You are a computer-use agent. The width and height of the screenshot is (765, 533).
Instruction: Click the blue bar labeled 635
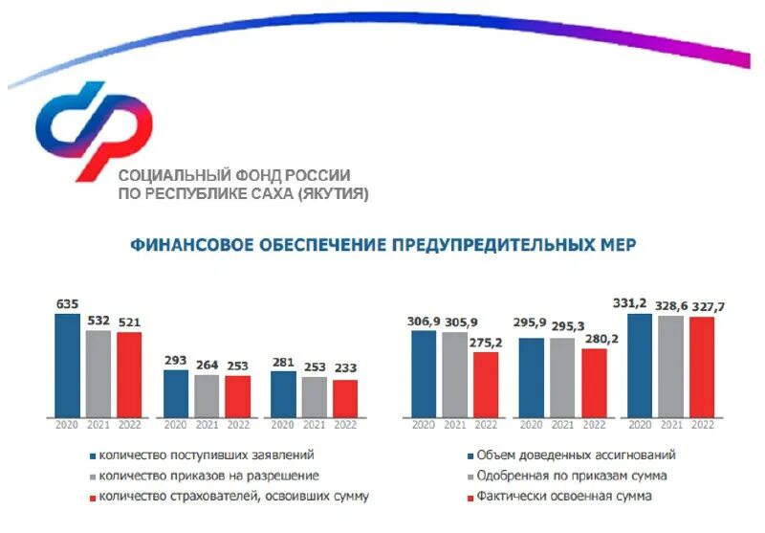pyautogui.click(x=67, y=366)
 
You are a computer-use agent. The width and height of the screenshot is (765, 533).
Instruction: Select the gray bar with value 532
pyautogui.click(x=98, y=373)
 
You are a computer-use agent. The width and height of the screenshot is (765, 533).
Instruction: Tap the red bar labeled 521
pyautogui.click(x=129, y=374)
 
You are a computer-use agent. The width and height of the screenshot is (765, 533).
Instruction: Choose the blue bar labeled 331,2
pyautogui.click(x=640, y=366)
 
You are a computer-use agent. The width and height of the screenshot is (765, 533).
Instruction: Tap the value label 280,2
pyautogui.click(x=595, y=339)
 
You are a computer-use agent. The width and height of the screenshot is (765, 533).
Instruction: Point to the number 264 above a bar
pyautogui.click(x=207, y=365)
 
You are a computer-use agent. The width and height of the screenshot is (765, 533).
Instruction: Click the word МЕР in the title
pyautogui.click(x=615, y=245)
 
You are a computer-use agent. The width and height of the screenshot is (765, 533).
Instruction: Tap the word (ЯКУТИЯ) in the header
pyautogui.click(x=333, y=193)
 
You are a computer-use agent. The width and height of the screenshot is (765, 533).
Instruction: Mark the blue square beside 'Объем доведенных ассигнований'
pyautogui.click(x=471, y=455)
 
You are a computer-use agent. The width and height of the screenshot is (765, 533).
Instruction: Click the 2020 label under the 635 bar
pyautogui.click(x=67, y=425)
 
